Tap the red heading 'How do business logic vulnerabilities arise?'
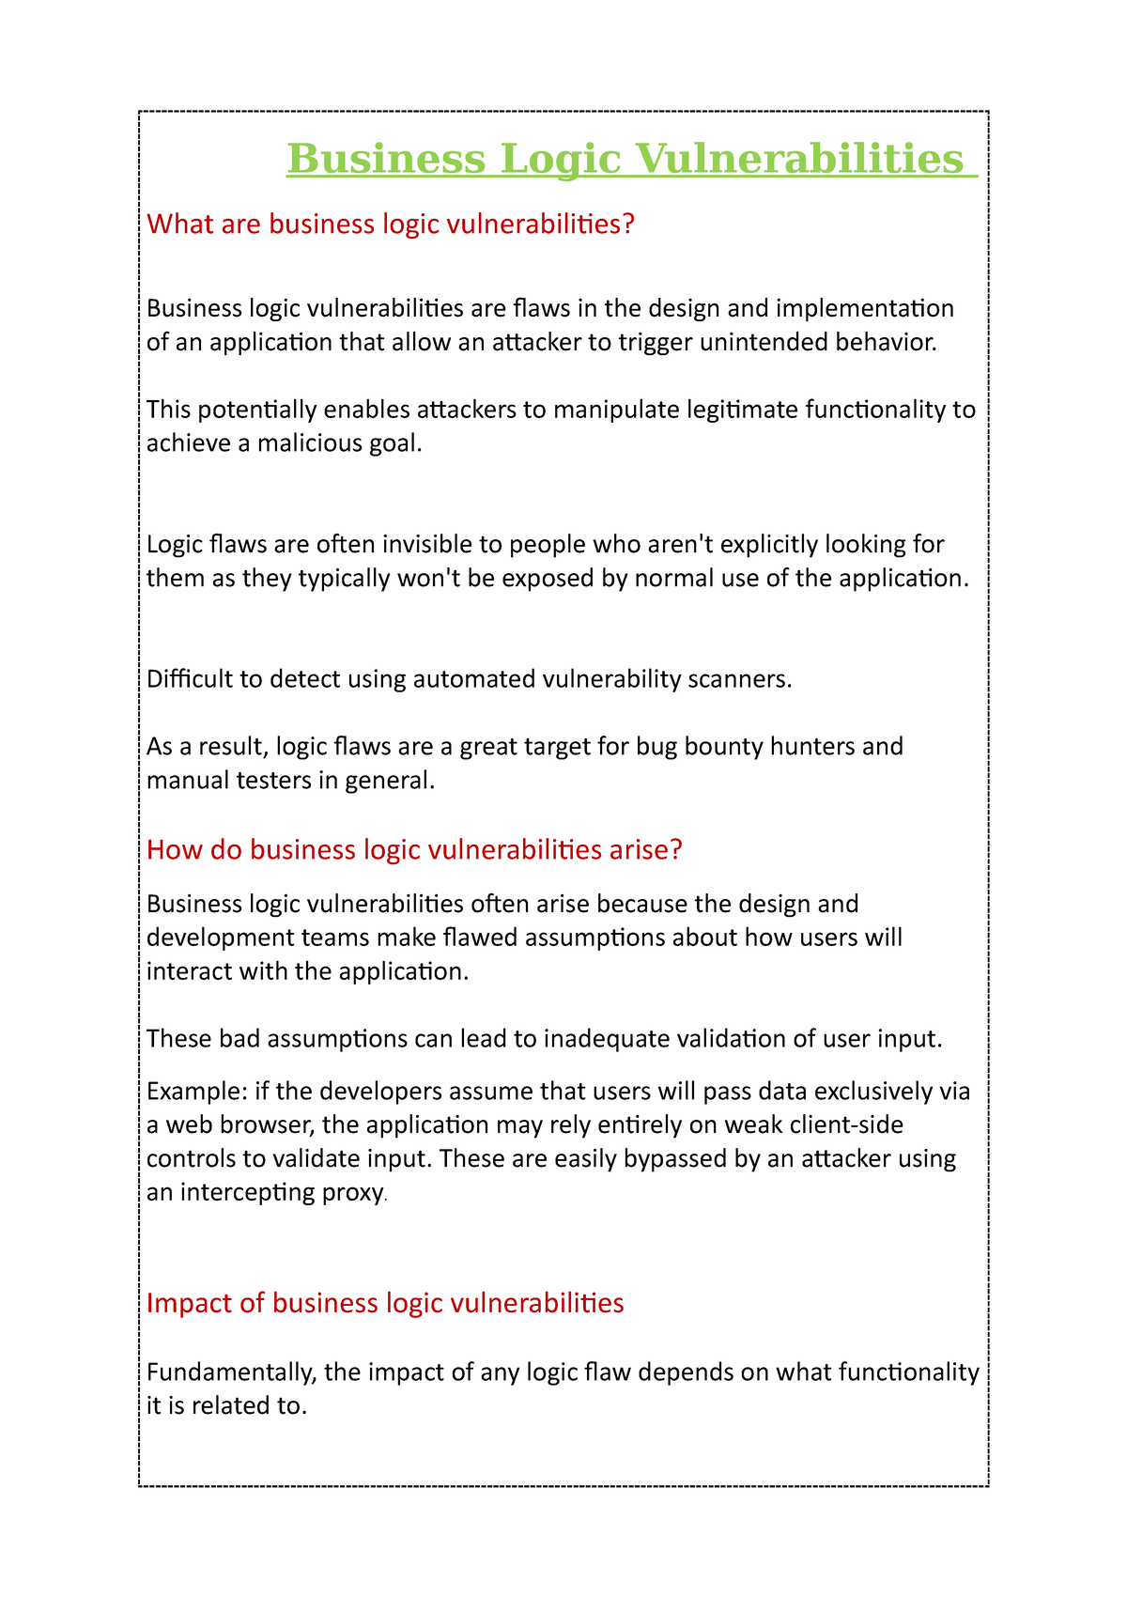(x=414, y=850)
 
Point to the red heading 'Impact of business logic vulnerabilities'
(x=385, y=1303)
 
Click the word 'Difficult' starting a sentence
(x=189, y=679)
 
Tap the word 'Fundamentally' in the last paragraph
(x=231, y=1373)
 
